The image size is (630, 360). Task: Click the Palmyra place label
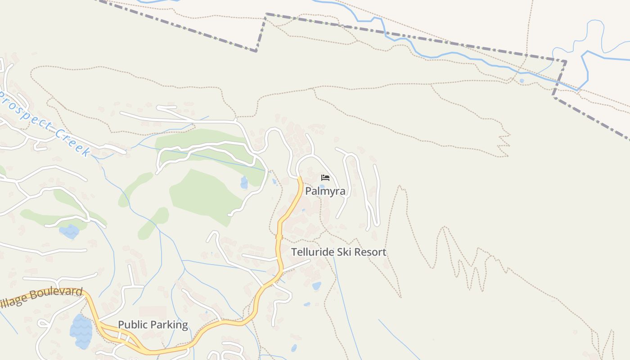[325, 191]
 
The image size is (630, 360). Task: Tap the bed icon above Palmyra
[325, 178]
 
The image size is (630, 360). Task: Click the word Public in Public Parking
[132, 325]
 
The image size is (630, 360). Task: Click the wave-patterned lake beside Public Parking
[81, 332]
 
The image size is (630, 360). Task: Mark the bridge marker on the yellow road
[279, 237]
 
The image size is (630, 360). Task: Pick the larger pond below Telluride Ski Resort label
[317, 286]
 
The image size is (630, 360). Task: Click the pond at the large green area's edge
[244, 183]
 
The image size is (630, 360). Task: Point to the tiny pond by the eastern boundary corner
[521, 81]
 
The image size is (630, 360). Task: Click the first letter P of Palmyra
[309, 191]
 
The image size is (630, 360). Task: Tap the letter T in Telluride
[294, 252]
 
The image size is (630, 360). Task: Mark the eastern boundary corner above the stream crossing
[566, 61]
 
